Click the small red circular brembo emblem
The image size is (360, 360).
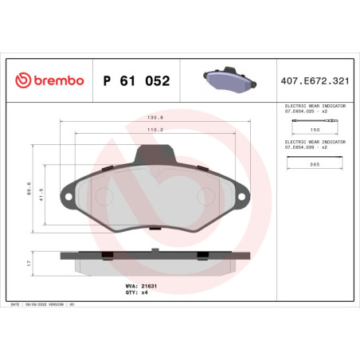tap(22, 80)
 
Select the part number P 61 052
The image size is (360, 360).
tap(136, 80)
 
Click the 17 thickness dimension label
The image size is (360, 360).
tap(29, 262)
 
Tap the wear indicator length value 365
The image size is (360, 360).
tap(315, 165)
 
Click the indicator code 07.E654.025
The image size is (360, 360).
tap(306, 111)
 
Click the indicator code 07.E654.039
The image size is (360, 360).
tap(306, 147)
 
